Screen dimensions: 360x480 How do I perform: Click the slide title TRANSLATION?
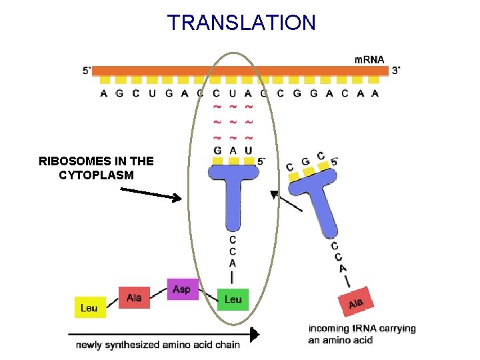pyautogui.click(x=241, y=23)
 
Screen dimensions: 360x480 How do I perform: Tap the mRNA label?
pyautogui.click(x=369, y=59)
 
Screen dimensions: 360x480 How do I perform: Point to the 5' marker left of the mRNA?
pyautogui.click(x=87, y=71)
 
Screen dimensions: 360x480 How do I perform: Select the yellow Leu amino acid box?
pyautogui.click(x=89, y=307)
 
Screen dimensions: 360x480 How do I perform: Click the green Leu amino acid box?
pyautogui.click(x=233, y=299)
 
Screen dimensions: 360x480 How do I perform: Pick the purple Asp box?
pyautogui.click(x=182, y=289)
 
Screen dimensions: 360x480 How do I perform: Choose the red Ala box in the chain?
pyautogui.click(x=134, y=297)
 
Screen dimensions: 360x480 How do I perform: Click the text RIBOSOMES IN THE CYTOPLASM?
pyautogui.click(x=96, y=168)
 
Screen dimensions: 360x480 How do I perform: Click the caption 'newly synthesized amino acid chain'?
pyautogui.click(x=157, y=345)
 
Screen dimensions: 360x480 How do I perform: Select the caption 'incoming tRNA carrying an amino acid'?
pyautogui.click(x=361, y=334)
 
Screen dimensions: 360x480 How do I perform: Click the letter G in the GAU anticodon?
pyautogui.click(x=217, y=151)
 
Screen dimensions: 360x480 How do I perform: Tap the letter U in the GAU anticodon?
pyautogui.click(x=249, y=151)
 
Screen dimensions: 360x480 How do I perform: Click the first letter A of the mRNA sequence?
pyautogui.click(x=104, y=93)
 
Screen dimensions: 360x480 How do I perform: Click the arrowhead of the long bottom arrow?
pyautogui.click(x=254, y=334)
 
